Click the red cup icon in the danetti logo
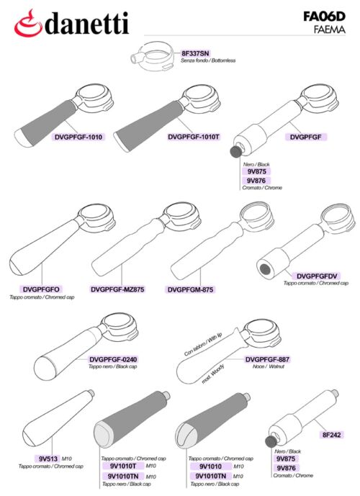[x=28, y=23]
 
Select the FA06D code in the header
[x=324, y=16]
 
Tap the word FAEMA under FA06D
[x=329, y=30]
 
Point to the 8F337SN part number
[x=196, y=53]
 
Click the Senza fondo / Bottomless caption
[x=208, y=60]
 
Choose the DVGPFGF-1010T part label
[x=194, y=137]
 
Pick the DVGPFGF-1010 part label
[x=78, y=137]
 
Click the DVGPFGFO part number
[x=41, y=289]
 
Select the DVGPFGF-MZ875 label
[x=117, y=289]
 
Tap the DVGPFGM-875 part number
[x=190, y=289]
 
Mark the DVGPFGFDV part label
[x=317, y=276]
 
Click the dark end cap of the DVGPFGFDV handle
[x=265, y=269]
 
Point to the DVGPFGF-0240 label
[x=113, y=359]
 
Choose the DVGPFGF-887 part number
[x=267, y=359]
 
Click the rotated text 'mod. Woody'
[x=213, y=374]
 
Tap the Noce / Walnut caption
[x=269, y=366]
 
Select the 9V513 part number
[x=48, y=459]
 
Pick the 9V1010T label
[x=123, y=466]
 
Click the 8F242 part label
[x=331, y=435]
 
